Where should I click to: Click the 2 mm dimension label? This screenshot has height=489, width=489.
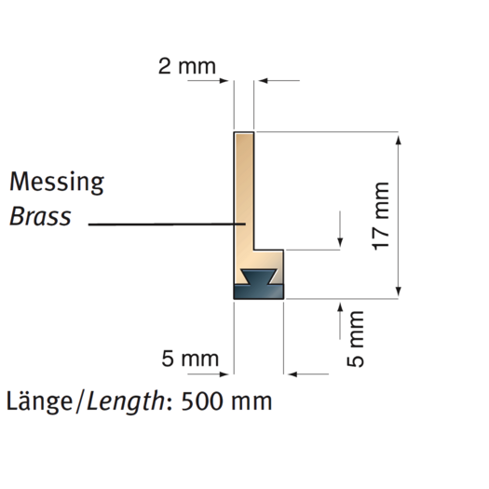click(187, 66)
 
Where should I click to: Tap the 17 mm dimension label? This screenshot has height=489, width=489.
click(381, 216)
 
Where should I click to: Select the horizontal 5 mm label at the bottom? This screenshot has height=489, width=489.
click(190, 359)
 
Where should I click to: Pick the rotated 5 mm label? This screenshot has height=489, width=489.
click(355, 339)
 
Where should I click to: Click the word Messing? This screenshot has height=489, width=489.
click(57, 182)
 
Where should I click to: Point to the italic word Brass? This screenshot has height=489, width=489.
click(40, 216)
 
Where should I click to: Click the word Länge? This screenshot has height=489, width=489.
click(39, 401)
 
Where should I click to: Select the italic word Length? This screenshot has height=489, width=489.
click(126, 401)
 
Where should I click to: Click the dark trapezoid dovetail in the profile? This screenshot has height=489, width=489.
click(259, 277)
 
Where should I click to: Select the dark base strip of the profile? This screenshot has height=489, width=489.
click(259, 292)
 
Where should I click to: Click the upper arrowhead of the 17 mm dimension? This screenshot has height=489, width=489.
click(399, 140)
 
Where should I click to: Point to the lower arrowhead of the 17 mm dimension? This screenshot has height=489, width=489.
click(399, 292)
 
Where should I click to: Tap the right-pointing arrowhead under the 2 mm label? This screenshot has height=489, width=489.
click(224, 81)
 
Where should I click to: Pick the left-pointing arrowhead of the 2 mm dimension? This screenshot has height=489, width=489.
click(264, 81)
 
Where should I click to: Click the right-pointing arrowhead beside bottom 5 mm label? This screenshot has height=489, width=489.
click(224, 374)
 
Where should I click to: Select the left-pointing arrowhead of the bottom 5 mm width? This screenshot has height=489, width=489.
click(292, 374)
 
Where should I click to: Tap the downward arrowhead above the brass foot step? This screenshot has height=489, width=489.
click(340, 242)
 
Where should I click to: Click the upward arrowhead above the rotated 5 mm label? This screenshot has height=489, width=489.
click(340, 306)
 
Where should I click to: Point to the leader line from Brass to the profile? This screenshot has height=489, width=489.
click(167, 224)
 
